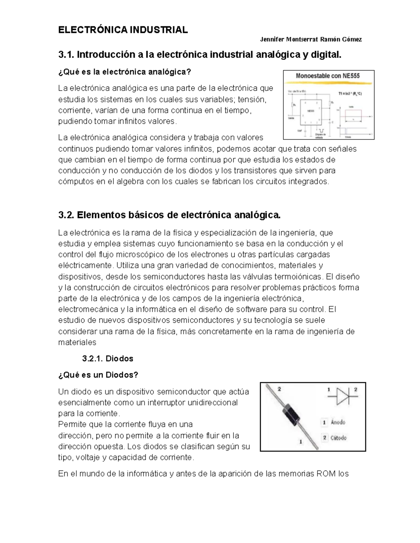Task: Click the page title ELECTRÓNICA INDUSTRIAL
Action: (123, 30)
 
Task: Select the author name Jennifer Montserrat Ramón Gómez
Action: (311, 40)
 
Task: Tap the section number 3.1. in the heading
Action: (66, 55)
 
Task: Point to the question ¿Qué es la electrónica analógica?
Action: (125, 72)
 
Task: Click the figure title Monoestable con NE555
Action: (328, 76)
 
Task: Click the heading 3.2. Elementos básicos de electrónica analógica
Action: (169, 215)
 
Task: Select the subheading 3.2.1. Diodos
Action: (107, 358)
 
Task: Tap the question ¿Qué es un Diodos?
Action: (98, 375)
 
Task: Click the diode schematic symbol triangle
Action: (342, 396)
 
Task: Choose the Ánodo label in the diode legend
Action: (338, 422)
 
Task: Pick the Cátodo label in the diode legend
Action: (338, 438)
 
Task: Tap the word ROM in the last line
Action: (326, 474)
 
